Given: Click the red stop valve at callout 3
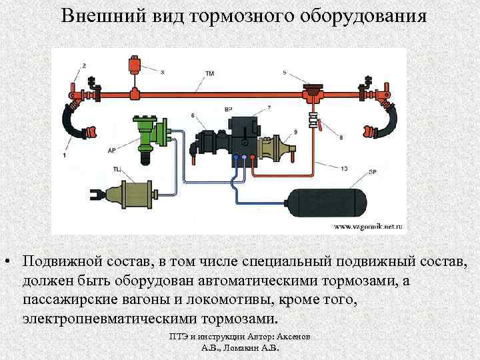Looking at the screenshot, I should point(135,67).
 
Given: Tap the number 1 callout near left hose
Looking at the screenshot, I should point(65,155).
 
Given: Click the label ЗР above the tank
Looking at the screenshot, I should point(371,173).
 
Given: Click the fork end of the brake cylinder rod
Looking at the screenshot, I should point(96,195).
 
